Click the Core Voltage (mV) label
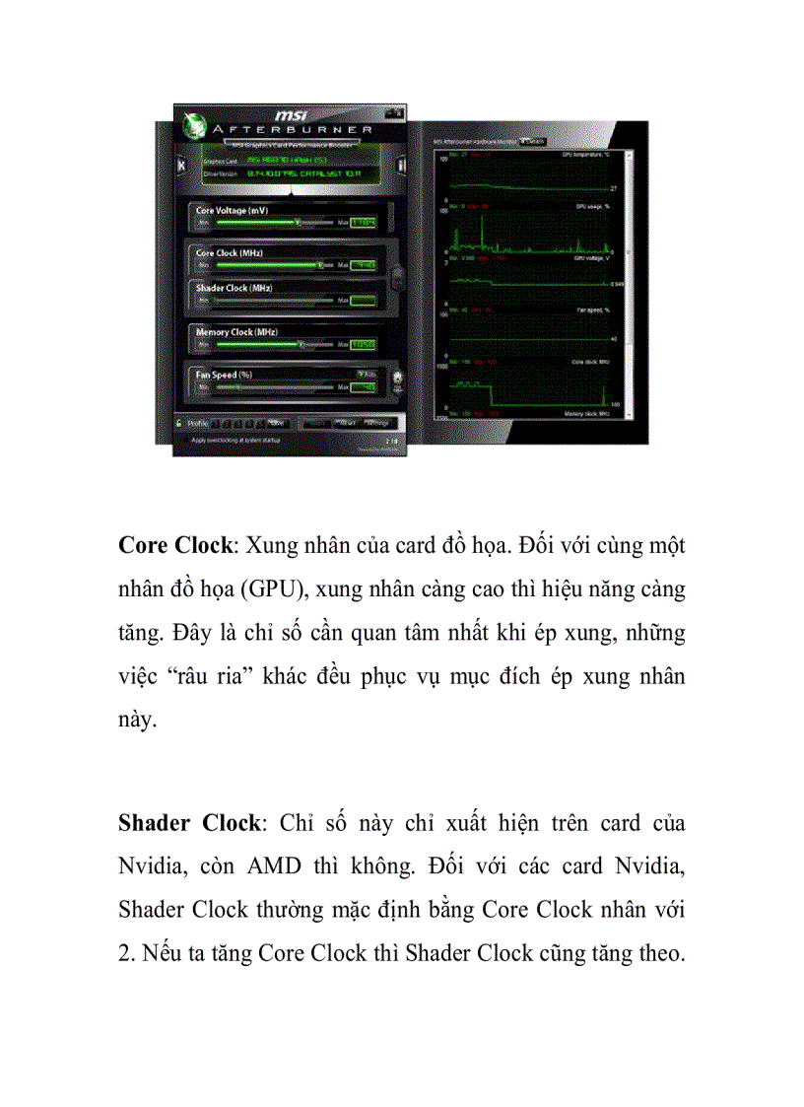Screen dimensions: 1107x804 232,211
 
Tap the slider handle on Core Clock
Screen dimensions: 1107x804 320,265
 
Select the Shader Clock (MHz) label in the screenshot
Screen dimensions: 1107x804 234,288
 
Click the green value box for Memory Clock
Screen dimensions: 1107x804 364,345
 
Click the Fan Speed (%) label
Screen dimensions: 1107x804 224,375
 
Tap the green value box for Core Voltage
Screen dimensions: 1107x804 364,223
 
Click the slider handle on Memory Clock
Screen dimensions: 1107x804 301,345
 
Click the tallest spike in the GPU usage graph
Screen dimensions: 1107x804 483,229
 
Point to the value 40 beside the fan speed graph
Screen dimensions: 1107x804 615,339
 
